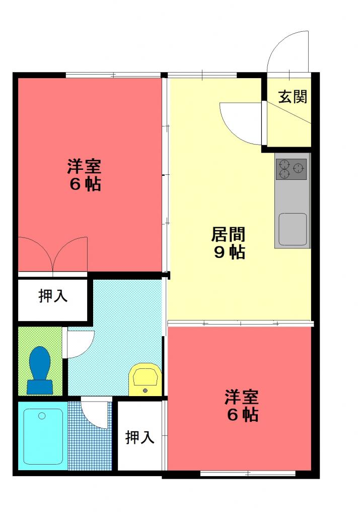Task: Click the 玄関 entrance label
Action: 292,97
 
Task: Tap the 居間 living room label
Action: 228,235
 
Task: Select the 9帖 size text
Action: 229,252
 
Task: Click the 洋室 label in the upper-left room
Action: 84,166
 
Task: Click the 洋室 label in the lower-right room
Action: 242,397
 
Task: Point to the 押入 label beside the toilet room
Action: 53,295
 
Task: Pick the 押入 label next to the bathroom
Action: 140,437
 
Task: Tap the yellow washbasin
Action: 145,379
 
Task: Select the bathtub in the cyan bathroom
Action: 43,436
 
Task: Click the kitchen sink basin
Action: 293,229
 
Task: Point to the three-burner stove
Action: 292,169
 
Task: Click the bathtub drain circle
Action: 42,416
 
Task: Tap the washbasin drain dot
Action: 145,391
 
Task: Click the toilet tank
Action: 40,387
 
